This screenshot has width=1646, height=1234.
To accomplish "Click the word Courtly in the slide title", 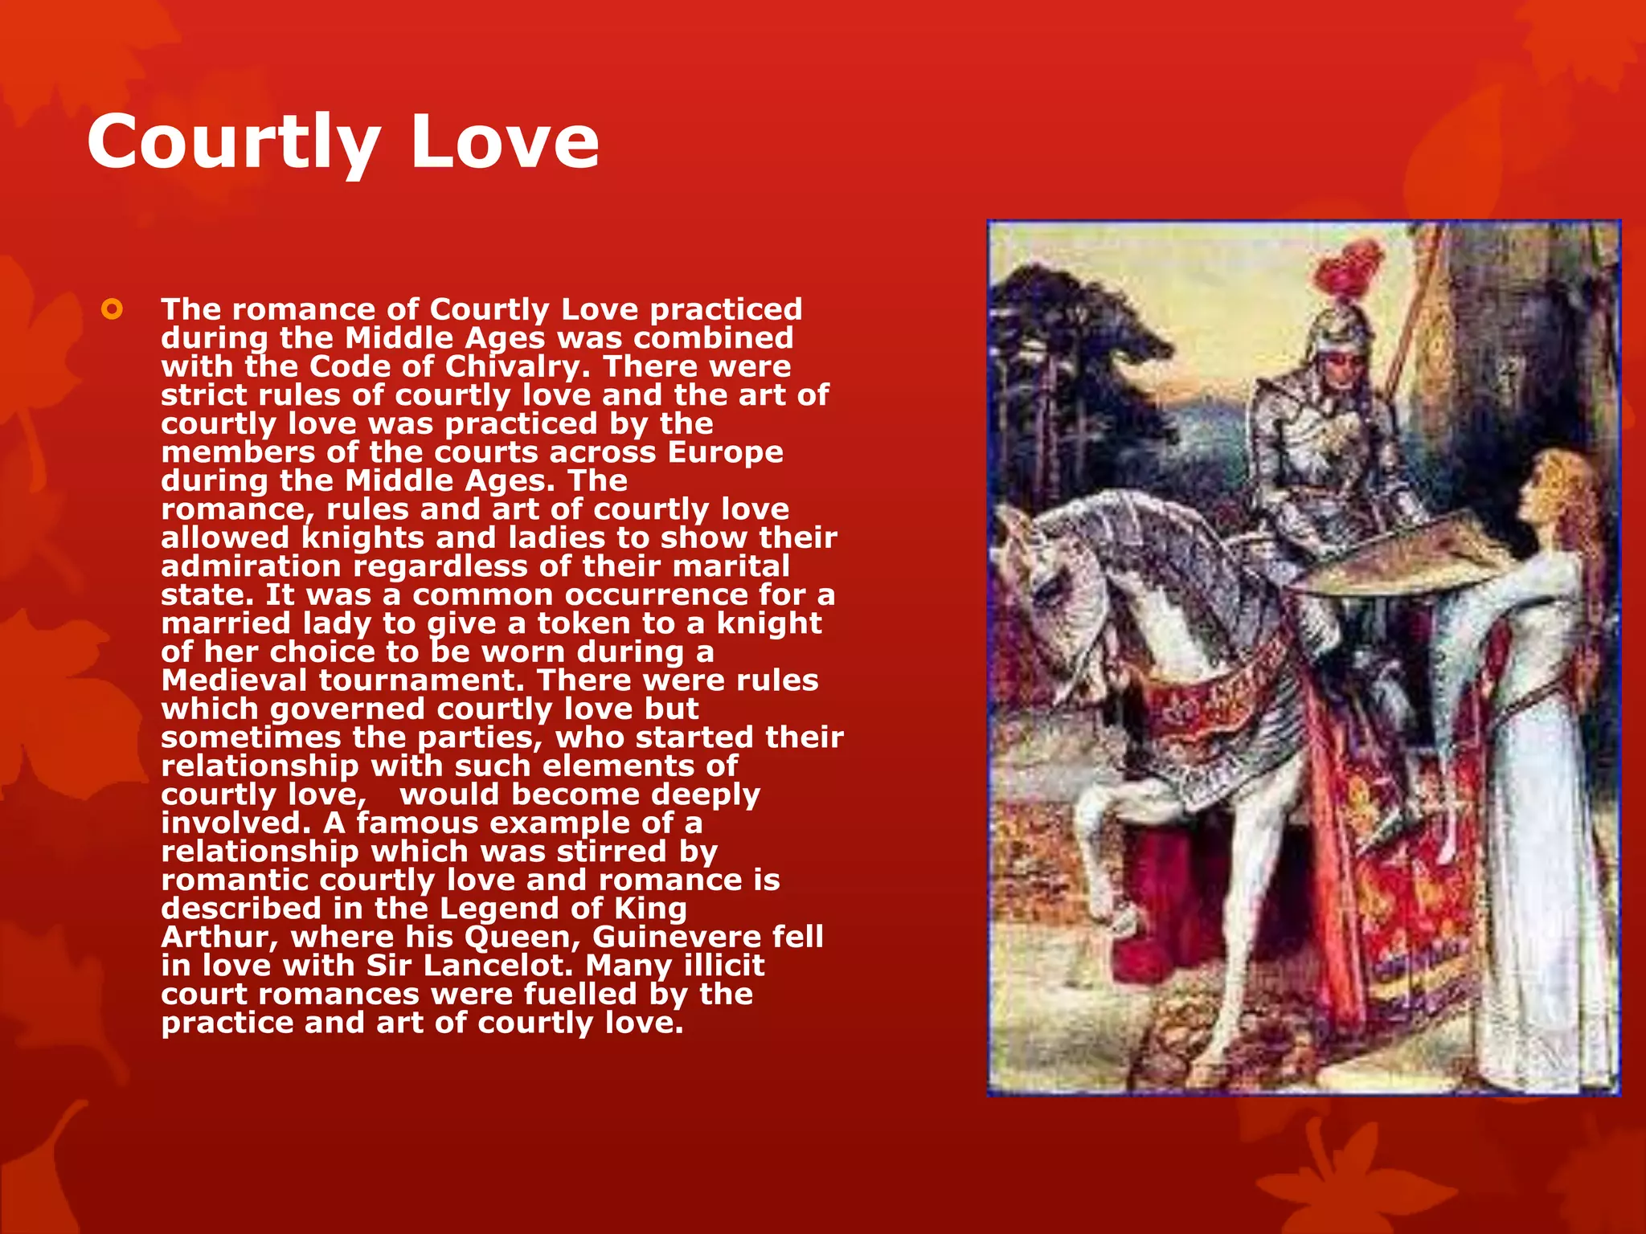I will point(233,143).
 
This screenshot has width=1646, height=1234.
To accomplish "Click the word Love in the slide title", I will point(505,141).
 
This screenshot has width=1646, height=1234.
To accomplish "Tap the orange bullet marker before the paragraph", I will point(112,309).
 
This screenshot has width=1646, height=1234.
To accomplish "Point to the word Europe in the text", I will point(725,452).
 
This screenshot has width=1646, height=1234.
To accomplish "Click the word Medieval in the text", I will point(234,680).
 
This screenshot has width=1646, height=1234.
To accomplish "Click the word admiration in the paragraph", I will point(251,566).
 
